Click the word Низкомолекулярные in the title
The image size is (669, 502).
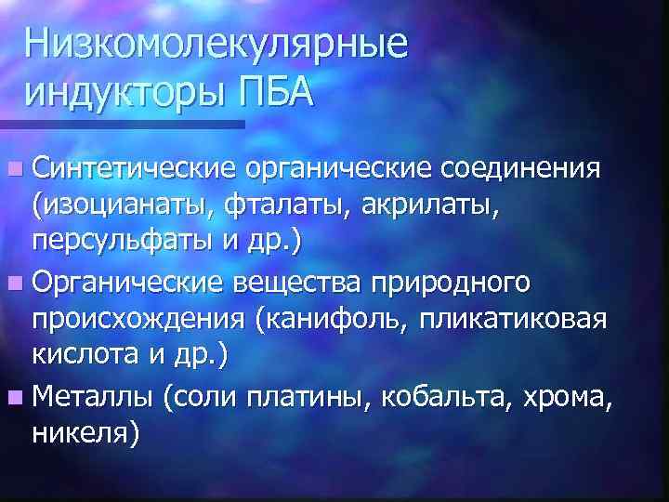tap(216, 45)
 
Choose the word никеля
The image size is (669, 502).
tap(85, 429)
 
